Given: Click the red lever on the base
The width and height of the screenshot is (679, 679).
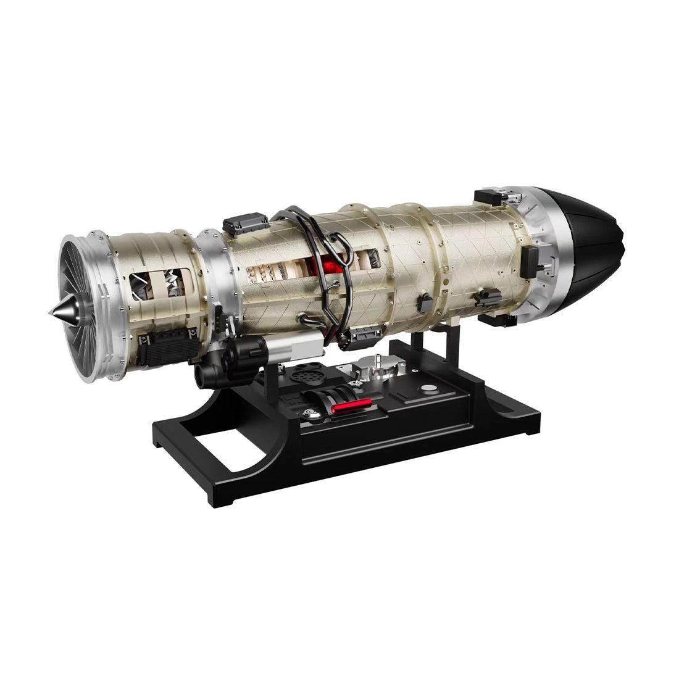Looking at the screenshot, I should [x=351, y=405].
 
